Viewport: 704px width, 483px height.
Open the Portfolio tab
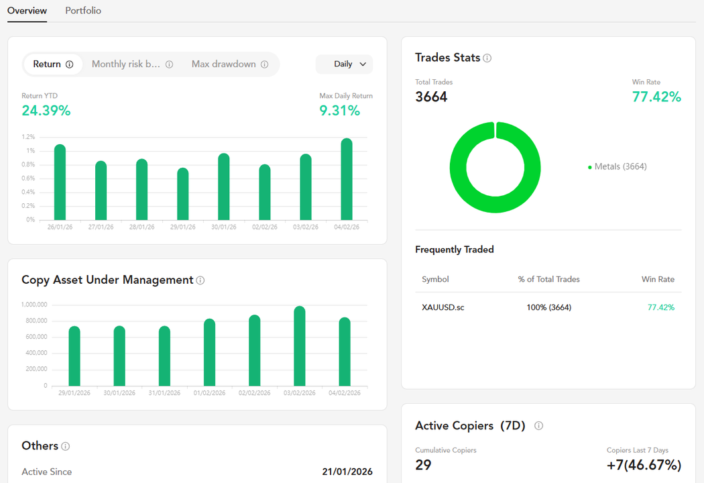[83, 11]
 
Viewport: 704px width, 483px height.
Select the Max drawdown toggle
[224, 64]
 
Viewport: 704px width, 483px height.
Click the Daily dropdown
[344, 64]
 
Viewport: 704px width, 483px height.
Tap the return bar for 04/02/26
[347, 180]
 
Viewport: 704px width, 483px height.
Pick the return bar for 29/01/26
[183, 195]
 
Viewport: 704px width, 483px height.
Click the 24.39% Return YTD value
[46, 111]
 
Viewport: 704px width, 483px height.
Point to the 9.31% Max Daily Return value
[340, 111]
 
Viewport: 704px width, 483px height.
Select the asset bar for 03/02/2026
[300, 347]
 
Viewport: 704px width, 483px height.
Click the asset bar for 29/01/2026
[74, 357]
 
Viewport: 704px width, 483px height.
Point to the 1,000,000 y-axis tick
[34, 305]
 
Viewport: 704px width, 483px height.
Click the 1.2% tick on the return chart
[28, 137]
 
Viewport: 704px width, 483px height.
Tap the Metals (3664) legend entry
[620, 166]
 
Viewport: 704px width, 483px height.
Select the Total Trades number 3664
[431, 97]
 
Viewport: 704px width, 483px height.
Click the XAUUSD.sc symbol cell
[443, 307]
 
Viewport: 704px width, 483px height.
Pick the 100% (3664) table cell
[548, 307]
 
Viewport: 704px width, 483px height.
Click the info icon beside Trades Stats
[487, 58]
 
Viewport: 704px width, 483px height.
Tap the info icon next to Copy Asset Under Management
[200, 280]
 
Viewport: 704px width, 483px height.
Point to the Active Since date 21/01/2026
[347, 472]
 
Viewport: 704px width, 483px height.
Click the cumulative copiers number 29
[423, 465]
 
